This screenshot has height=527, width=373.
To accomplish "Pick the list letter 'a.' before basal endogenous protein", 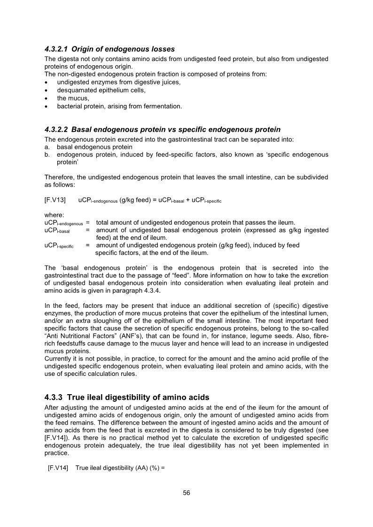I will click(x=47, y=147).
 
